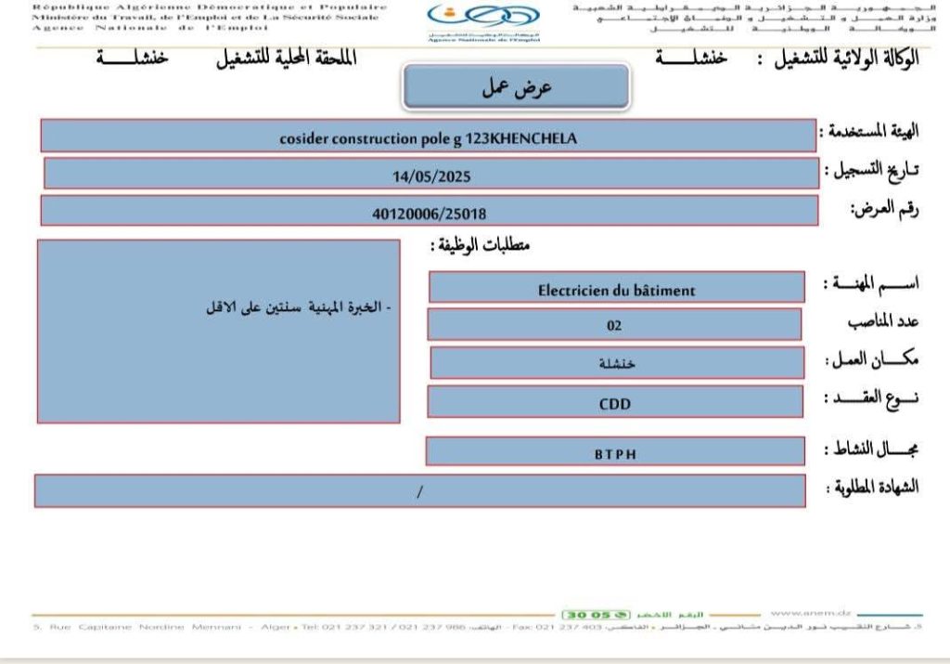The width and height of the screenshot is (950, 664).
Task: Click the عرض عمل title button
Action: [517, 87]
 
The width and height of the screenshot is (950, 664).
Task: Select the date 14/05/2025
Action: [431, 174]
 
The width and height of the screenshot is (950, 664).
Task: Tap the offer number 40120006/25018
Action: [429, 211]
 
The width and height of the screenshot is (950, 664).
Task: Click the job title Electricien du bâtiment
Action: [616, 290]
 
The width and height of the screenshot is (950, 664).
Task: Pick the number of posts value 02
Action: [613, 325]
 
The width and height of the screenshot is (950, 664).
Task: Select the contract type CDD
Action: [614, 403]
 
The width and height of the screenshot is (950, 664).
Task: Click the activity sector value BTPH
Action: [615, 454]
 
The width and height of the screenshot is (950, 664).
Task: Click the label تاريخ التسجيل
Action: [873, 171]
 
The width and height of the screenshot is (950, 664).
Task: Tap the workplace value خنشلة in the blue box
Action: [618, 363]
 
